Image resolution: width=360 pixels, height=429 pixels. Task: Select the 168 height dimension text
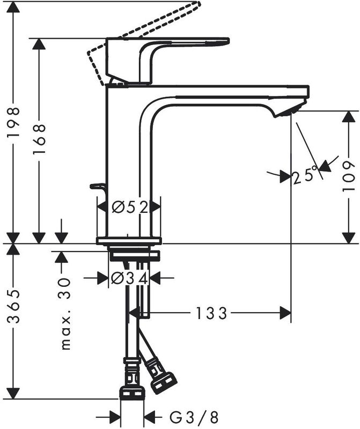point(39,139)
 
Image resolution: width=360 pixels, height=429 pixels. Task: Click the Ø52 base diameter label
point(130,207)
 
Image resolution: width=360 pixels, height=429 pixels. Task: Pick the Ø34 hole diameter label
point(130,278)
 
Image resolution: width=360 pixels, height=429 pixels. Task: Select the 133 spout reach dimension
point(211,313)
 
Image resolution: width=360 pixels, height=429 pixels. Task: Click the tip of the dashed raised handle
point(199,4)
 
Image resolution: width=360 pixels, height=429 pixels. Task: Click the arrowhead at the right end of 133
point(285,313)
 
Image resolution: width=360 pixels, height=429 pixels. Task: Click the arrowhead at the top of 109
point(349,117)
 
